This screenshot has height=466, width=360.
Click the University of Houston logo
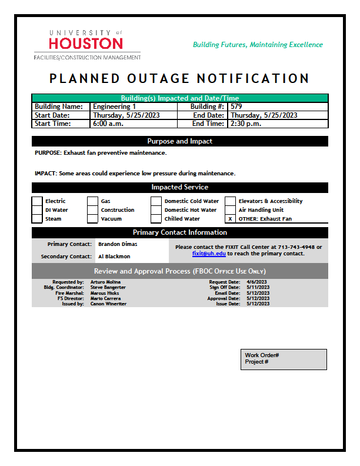click(87, 44)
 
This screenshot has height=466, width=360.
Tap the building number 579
click(236, 106)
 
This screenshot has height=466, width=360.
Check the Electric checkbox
click(37, 201)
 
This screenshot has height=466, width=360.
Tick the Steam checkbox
click(37, 219)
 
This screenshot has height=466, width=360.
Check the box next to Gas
click(92, 201)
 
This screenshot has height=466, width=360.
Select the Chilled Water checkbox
click(155, 219)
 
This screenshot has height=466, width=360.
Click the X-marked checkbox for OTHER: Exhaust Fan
click(230, 219)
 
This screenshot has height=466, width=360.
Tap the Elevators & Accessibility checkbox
click(230, 201)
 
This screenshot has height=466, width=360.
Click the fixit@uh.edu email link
click(209, 254)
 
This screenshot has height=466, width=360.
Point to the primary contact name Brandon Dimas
click(118, 244)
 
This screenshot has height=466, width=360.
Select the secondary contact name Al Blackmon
click(114, 257)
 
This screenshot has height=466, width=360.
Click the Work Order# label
click(262, 355)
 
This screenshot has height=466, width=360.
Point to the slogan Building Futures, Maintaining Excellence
click(258, 45)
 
